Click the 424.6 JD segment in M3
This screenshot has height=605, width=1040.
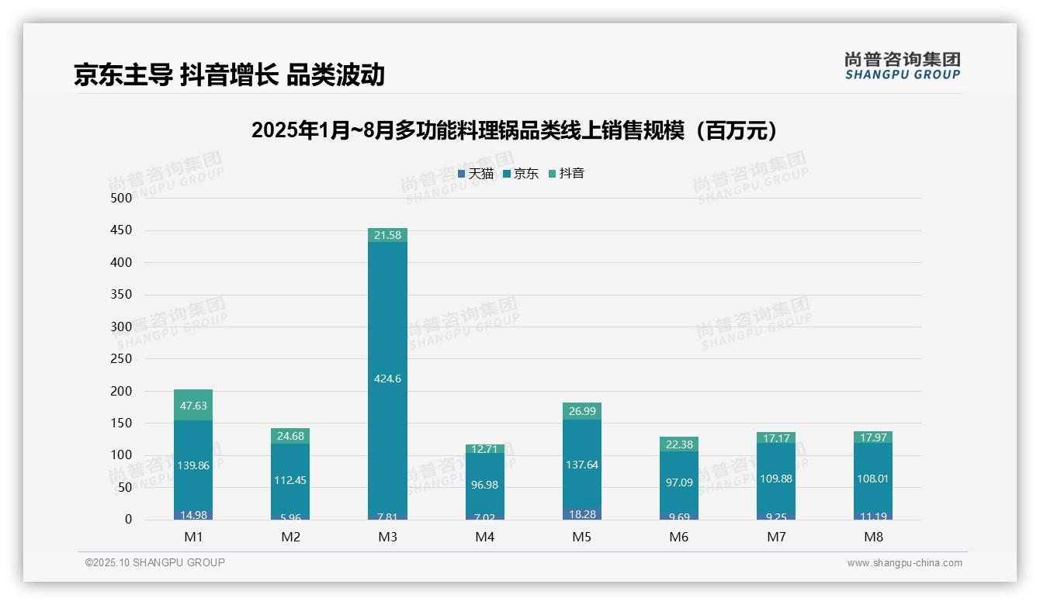(387, 379)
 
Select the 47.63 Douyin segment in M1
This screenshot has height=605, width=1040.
(193, 405)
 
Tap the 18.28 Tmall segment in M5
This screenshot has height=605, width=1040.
(581, 514)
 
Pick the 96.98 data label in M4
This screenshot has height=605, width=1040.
(484, 484)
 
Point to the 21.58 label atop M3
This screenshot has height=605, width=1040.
(387, 235)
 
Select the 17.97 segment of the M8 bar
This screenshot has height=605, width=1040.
(872, 437)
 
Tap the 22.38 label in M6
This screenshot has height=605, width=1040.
(678, 444)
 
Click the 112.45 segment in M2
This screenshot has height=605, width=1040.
(290, 480)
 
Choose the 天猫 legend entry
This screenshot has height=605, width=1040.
(476, 174)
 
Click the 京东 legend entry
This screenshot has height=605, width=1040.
(521, 174)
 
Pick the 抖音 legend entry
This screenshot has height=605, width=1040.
(567, 174)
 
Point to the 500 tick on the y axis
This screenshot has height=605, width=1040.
(123, 198)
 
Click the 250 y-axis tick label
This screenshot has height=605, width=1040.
(123, 358)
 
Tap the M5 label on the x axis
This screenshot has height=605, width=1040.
(581, 537)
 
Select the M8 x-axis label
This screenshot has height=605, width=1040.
(872, 537)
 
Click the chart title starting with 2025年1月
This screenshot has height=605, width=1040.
(515, 130)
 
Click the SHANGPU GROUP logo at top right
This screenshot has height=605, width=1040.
(902, 66)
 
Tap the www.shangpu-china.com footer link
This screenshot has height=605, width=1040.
(904, 563)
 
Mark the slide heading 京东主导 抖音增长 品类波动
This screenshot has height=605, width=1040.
(229, 74)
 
